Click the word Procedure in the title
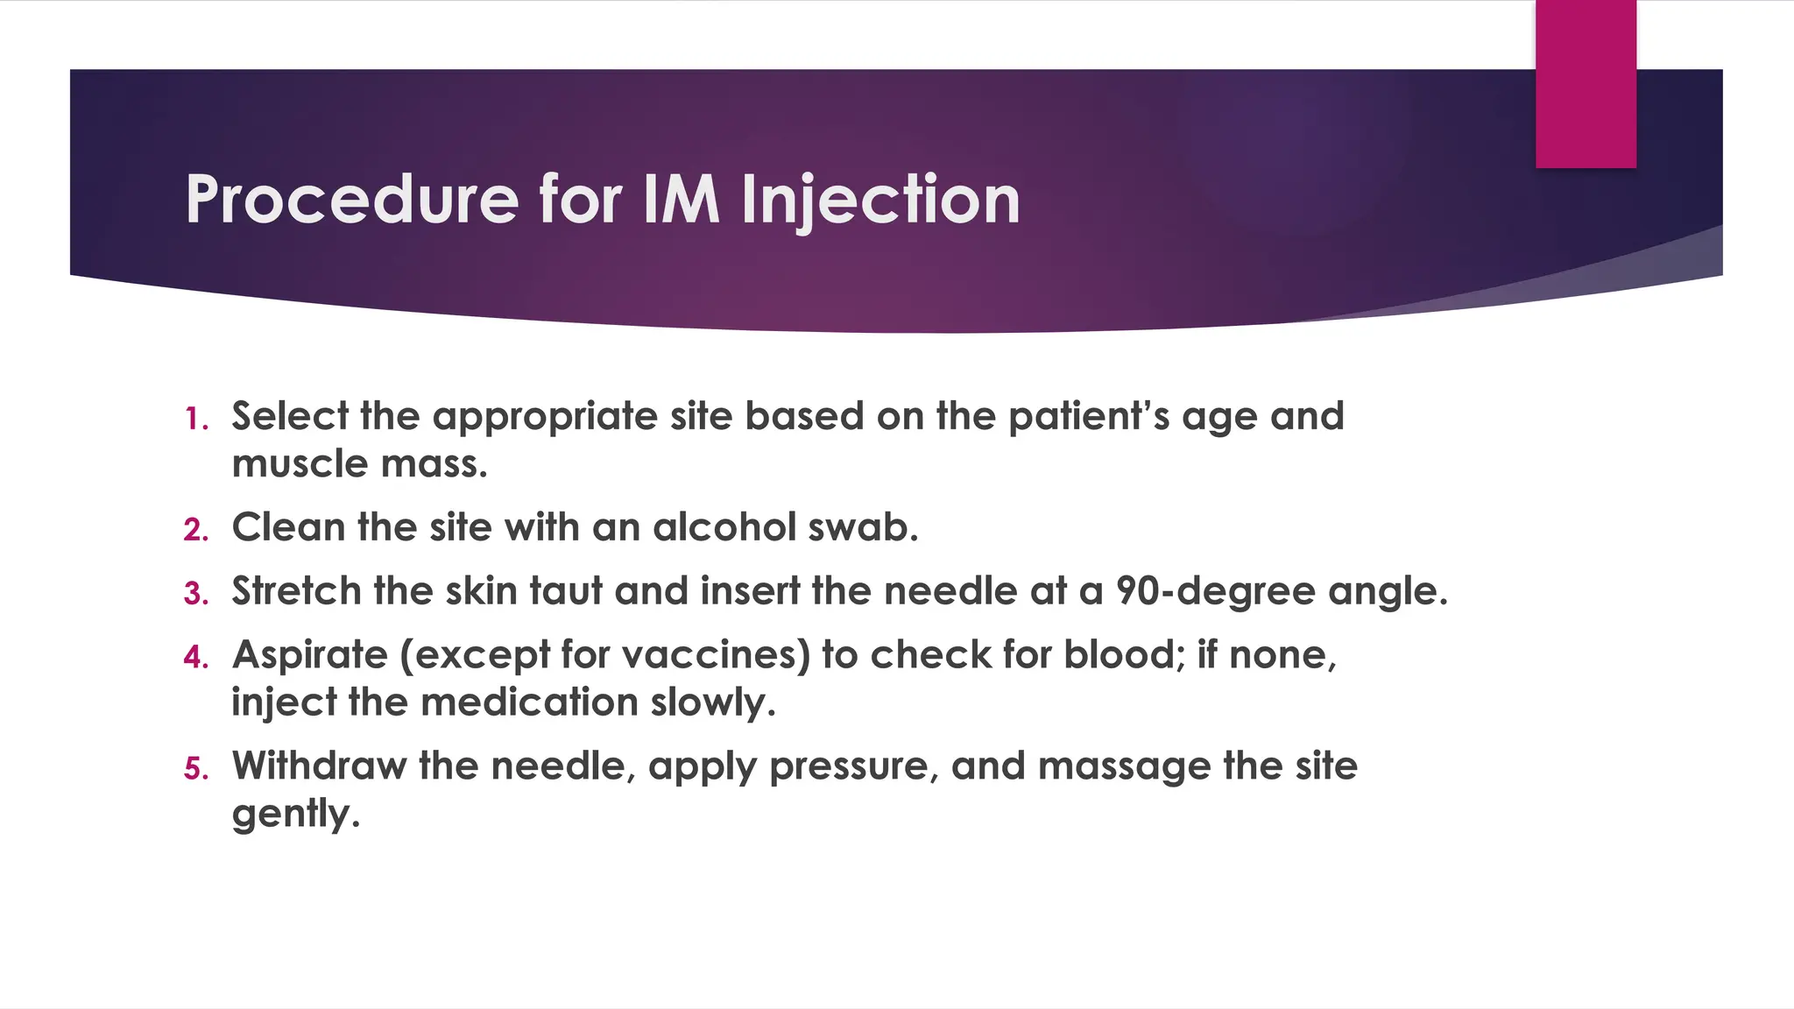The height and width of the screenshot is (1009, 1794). pyautogui.click(x=351, y=200)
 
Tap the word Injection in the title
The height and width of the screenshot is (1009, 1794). pyautogui.click(x=880, y=200)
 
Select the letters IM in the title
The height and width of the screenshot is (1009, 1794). pyautogui.click(x=681, y=200)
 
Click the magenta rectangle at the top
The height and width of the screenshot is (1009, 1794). pyautogui.click(x=1586, y=83)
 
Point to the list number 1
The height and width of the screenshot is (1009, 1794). pyautogui.click(x=195, y=420)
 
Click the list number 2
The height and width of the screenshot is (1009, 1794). pyautogui.click(x=195, y=531)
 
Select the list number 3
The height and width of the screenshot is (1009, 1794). pyautogui.click(x=195, y=595)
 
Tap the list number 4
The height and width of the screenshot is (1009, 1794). pyautogui.click(x=195, y=658)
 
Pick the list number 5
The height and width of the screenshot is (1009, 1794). pyautogui.click(x=195, y=769)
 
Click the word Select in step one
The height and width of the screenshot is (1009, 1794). pyautogui.click(x=290, y=416)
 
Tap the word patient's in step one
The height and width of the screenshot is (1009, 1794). pyautogui.click(x=1089, y=416)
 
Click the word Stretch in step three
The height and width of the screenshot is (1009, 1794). pyautogui.click(x=296, y=591)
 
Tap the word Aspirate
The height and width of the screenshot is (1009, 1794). pyautogui.click(x=309, y=655)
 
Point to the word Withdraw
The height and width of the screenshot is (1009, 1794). pyautogui.click(x=319, y=766)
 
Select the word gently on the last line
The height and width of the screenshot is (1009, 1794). pyautogui.click(x=295, y=815)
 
